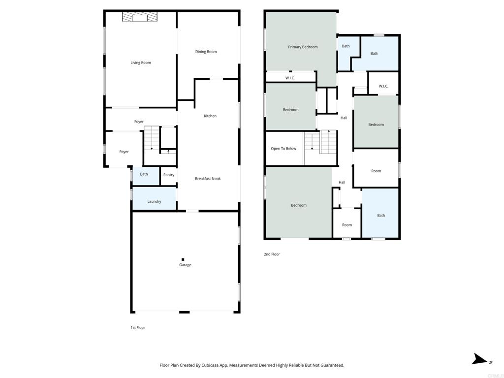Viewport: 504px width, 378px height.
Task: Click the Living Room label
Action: pyautogui.click(x=140, y=63)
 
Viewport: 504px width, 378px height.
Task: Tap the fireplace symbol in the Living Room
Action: pyautogui.click(x=139, y=17)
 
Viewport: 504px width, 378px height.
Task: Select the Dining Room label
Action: pyautogui.click(x=206, y=52)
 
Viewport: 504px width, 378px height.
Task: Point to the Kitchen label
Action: pyautogui.click(x=210, y=116)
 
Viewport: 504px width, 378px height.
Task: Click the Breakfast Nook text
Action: pyautogui.click(x=208, y=179)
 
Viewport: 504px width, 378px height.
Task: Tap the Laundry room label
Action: pyautogui.click(x=154, y=201)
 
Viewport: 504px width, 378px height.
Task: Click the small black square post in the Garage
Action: pyautogui.click(x=183, y=259)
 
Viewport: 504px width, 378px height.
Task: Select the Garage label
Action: pyautogui.click(x=185, y=265)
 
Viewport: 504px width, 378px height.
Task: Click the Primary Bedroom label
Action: pyautogui.click(x=303, y=47)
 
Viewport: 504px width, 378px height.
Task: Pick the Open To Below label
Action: pyautogui.click(x=283, y=149)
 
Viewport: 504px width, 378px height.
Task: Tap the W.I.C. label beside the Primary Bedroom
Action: pyautogui.click(x=290, y=78)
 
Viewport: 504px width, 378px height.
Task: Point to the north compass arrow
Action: pyautogui.click(x=479, y=359)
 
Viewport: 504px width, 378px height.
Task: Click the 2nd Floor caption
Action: pyautogui.click(x=272, y=254)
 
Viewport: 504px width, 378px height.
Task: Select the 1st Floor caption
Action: pyautogui.click(x=138, y=327)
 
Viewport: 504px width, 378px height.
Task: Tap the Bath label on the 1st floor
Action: pyautogui.click(x=144, y=174)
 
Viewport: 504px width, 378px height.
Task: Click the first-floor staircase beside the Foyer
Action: pyautogui.click(x=152, y=138)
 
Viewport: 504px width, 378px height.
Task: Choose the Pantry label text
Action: pyautogui.click(x=169, y=175)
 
